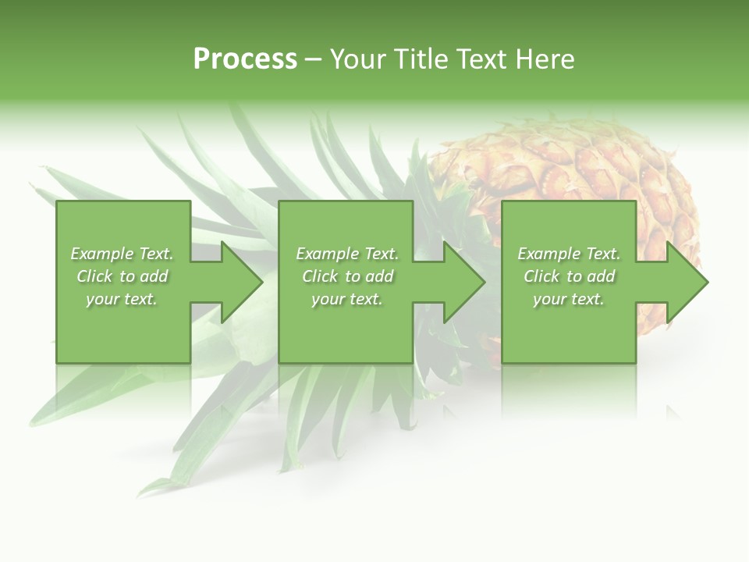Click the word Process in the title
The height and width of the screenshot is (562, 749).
(245, 59)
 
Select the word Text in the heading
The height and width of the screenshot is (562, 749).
(482, 59)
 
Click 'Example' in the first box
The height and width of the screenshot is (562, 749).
(102, 254)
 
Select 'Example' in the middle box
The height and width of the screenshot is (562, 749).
(328, 254)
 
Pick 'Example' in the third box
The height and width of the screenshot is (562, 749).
(549, 254)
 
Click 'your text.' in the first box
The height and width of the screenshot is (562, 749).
(122, 299)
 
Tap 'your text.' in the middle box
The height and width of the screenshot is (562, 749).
(347, 299)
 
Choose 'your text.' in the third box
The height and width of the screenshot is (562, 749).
(569, 299)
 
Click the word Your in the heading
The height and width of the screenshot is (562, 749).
(358, 59)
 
